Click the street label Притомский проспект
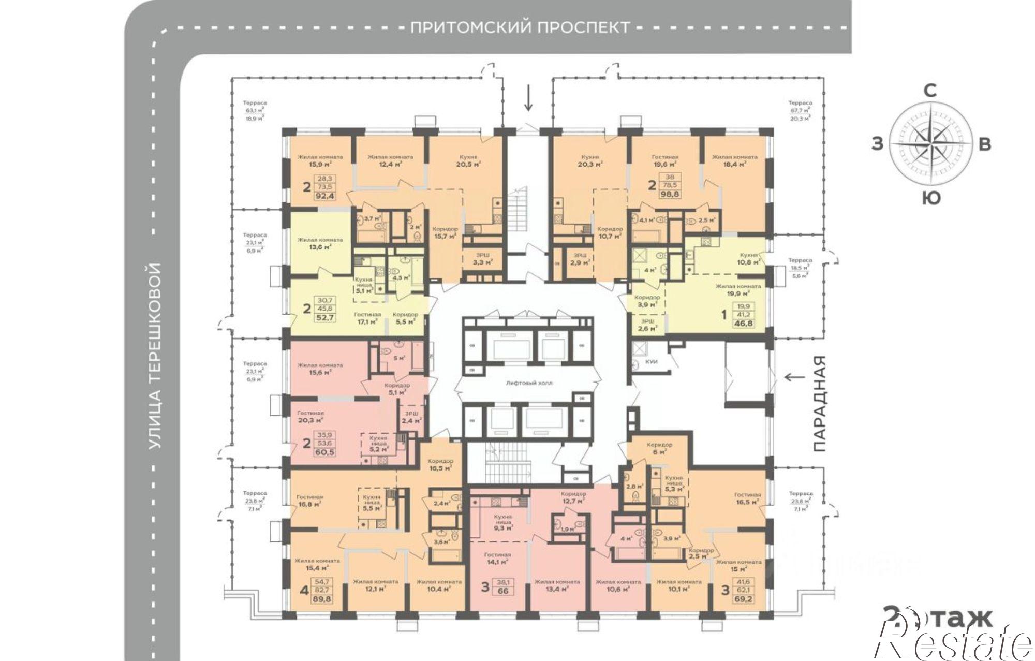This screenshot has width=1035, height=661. (x=520, y=27)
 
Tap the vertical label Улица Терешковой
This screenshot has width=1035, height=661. (x=155, y=356)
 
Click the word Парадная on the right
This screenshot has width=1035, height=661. (x=818, y=404)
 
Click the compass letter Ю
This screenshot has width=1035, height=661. (x=931, y=198)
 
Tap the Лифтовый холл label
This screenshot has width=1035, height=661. (x=529, y=384)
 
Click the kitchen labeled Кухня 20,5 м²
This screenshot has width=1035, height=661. (x=468, y=160)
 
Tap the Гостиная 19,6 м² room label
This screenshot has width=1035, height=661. (x=665, y=160)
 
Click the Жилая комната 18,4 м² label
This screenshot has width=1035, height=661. (x=734, y=160)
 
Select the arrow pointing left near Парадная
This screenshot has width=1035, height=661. (x=795, y=377)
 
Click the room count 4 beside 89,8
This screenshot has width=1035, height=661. (x=305, y=590)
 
